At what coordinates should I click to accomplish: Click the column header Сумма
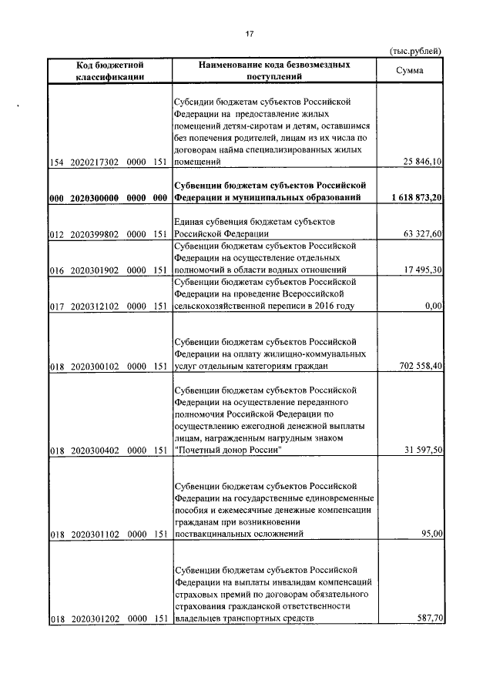[408, 71]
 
